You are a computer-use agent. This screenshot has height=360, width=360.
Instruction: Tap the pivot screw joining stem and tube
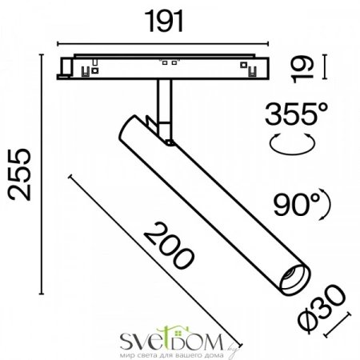tap(170, 142)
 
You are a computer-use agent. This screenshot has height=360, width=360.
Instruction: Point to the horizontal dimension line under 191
tap(164, 42)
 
